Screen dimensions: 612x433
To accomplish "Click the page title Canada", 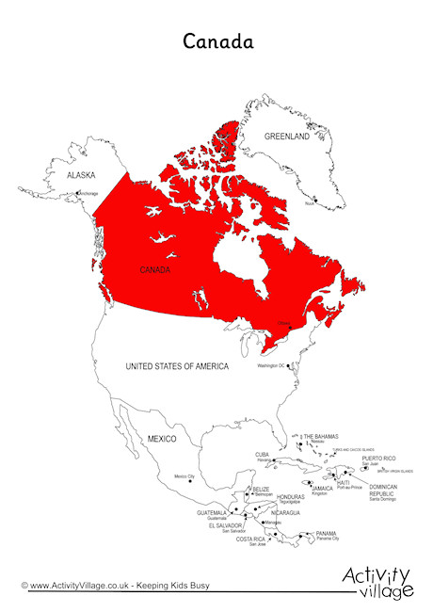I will point(216,41).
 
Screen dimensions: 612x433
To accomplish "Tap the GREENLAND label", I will point(286,137).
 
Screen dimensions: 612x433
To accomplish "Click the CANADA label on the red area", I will point(155,270).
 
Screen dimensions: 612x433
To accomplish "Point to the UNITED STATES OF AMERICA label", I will point(178,365).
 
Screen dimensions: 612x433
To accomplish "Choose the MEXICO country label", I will point(161,439).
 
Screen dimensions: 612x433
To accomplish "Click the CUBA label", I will point(263,454).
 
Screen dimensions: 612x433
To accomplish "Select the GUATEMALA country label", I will point(213,513).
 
